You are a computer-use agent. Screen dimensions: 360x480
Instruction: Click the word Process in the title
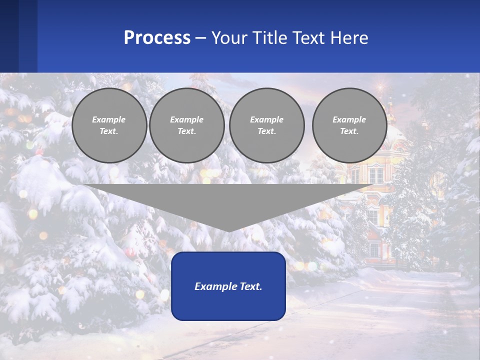(157, 38)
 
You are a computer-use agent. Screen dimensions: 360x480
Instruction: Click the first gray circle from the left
(109, 125)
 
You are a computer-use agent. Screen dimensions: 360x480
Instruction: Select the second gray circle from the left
(186, 125)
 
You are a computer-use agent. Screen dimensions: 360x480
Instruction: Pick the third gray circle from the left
(266, 125)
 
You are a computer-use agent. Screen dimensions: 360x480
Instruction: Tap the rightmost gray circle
(349, 125)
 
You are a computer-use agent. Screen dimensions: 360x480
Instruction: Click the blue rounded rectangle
(228, 286)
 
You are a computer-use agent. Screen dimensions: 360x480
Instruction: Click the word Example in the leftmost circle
(109, 119)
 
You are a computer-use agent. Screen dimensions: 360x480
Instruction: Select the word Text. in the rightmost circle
(349, 131)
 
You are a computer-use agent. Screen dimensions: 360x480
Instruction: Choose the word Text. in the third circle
(266, 131)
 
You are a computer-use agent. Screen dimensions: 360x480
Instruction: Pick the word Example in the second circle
(186, 119)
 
